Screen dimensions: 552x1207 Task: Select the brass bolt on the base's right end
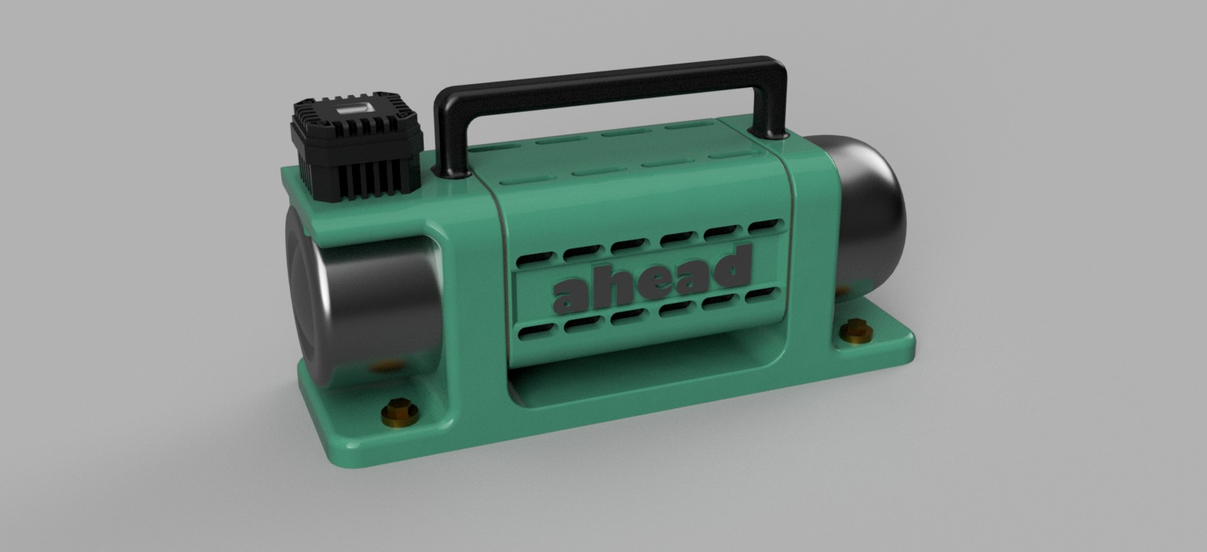click(x=857, y=331)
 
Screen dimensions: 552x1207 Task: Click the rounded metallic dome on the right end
click(x=868, y=208)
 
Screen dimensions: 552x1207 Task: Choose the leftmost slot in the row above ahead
click(x=534, y=258)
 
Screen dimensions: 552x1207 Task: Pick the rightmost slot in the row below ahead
click(x=761, y=296)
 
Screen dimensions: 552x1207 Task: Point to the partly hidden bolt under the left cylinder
click(x=385, y=366)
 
